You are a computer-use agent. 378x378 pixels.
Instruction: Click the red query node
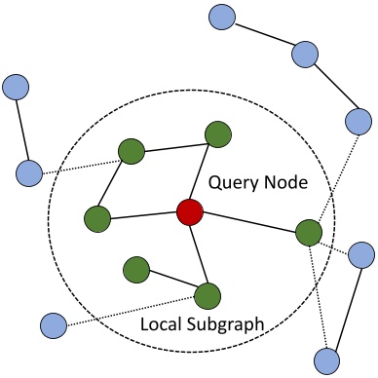pyautogui.click(x=189, y=211)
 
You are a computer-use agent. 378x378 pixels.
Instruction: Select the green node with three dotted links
pyautogui.click(x=308, y=234)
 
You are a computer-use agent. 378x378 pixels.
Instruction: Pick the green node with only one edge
pyautogui.click(x=136, y=268)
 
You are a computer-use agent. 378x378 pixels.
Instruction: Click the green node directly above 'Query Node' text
pyautogui.click(x=216, y=134)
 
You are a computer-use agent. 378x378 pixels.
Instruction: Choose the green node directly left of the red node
pyautogui.click(x=96, y=218)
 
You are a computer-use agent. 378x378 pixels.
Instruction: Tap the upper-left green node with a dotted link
pyautogui.click(x=132, y=151)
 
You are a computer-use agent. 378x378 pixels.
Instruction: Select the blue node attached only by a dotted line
pyautogui.click(x=53, y=323)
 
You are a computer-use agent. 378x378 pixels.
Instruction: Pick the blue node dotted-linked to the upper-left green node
pyautogui.click(x=29, y=173)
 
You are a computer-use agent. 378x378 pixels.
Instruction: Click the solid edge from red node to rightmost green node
pyautogui.click(x=248, y=222)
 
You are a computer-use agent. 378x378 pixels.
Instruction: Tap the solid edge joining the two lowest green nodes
pyautogui.click(x=172, y=281)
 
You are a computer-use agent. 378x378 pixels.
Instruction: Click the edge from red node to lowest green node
pyautogui.click(x=199, y=252)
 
